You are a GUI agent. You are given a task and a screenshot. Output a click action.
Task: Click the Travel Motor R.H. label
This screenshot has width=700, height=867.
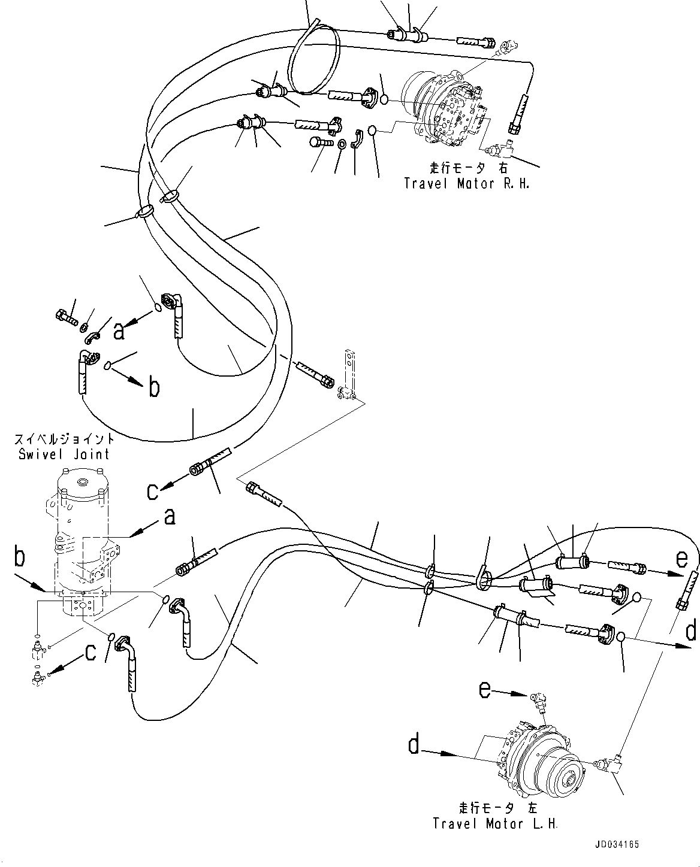(x=467, y=184)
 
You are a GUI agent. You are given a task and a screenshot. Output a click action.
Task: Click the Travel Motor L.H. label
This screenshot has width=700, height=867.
(x=496, y=824)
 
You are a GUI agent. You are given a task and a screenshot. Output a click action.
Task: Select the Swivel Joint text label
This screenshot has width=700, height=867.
(x=64, y=454)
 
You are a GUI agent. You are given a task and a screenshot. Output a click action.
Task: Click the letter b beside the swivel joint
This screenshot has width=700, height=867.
(x=20, y=558)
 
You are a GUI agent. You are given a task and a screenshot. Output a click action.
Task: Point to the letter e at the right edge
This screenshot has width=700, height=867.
(x=681, y=559)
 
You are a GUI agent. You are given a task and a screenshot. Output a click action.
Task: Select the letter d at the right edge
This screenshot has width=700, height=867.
(x=691, y=632)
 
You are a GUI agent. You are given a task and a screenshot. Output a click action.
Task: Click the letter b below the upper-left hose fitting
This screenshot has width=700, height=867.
(x=154, y=388)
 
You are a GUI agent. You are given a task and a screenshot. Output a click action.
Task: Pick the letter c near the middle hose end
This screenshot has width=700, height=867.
(x=153, y=491)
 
